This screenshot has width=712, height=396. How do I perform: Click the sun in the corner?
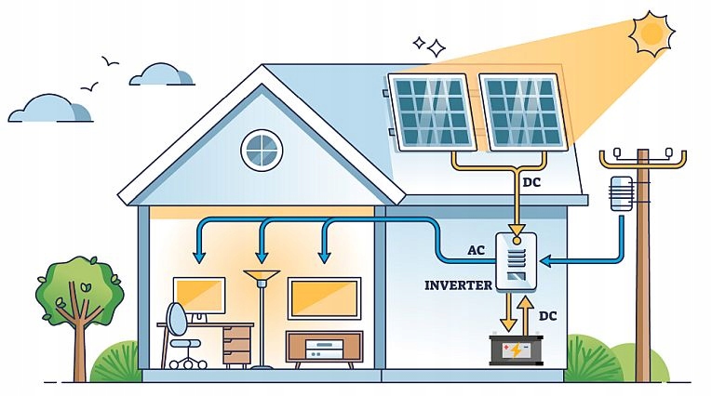[x=652, y=33]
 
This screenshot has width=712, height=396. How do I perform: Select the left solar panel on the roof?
[x=431, y=112]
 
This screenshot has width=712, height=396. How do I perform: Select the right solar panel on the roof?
[x=523, y=112]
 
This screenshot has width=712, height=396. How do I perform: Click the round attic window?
[x=262, y=151]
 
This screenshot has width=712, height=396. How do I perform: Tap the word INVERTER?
[x=458, y=285]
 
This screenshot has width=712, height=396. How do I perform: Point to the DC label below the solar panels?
[x=531, y=182]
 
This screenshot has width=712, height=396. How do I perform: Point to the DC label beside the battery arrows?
[x=548, y=316]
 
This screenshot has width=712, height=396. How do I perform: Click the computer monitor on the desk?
[x=198, y=297]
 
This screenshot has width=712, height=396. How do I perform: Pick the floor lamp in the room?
[x=262, y=316]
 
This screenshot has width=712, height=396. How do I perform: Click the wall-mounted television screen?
[x=323, y=298]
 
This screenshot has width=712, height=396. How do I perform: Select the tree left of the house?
[x=78, y=297]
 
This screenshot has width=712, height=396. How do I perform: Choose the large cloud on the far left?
[x=50, y=109]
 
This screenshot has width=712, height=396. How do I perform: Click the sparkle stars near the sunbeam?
[x=429, y=45]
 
